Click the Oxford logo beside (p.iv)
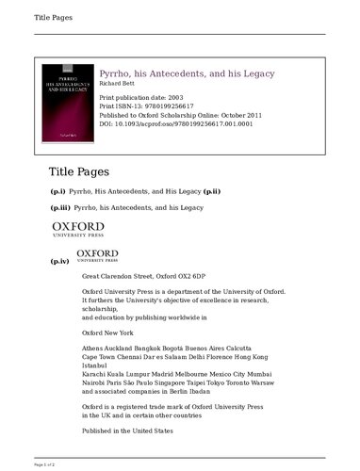97,256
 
